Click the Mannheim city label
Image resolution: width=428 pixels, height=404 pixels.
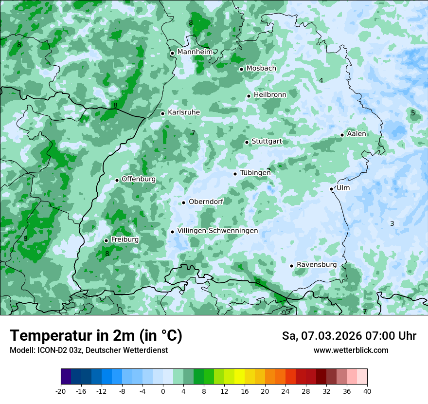195,52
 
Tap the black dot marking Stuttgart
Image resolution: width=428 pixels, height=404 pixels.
247,142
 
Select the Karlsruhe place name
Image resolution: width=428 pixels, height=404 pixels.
184,112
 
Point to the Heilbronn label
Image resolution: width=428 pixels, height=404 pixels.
270,94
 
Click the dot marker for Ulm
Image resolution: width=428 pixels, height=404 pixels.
332,189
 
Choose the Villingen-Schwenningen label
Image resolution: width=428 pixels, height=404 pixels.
218,231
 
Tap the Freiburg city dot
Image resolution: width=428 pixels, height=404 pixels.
106,240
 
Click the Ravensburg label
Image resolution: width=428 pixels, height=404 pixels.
317,265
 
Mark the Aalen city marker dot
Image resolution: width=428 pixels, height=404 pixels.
342,135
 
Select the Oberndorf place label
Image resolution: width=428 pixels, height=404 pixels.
206,202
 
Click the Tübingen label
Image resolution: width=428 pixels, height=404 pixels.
255,173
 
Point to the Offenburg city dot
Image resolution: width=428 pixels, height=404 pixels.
117,180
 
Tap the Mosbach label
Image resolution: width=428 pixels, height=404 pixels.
261,69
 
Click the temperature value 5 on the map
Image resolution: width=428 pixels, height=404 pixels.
413,113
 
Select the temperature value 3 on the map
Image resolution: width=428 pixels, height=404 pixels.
392,223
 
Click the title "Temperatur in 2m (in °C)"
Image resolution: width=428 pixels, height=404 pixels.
96,335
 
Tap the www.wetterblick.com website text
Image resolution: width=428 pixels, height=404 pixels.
351,350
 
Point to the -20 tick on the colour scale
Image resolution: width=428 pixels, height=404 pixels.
60,391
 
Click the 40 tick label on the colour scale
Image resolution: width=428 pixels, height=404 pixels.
367,391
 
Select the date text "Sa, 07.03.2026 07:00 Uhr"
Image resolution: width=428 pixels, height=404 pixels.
349,336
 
